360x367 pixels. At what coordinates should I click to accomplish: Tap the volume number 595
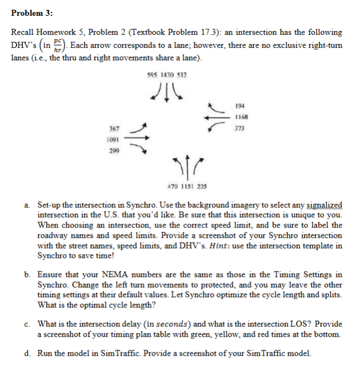pyautogui.click(x=153, y=74)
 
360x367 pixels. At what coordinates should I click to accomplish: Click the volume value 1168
pyautogui.click(x=241, y=118)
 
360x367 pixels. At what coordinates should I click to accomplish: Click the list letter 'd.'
pyautogui.click(x=27, y=353)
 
